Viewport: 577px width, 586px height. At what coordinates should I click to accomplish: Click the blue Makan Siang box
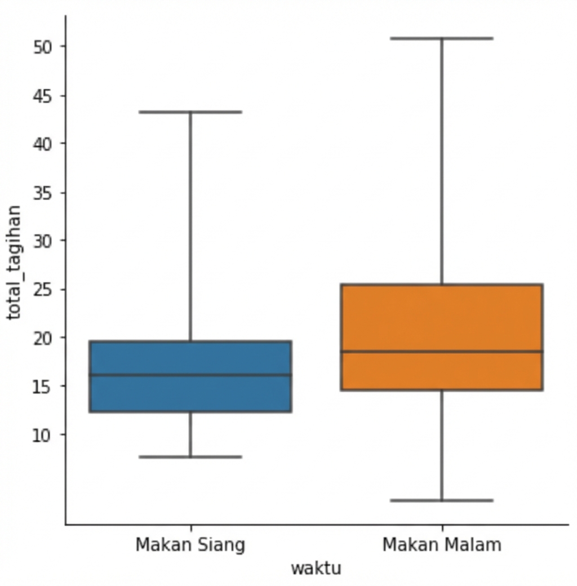[x=190, y=394]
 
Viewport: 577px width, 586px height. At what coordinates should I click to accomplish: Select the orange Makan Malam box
[x=442, y=321]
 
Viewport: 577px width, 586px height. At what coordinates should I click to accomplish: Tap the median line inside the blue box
[x=190, y=375]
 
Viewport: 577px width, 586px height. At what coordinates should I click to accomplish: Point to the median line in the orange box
[x=442, y=352]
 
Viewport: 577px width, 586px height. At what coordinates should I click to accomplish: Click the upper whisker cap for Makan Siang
[x=190, y=112]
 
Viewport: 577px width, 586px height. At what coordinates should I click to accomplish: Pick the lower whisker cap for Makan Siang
[x=190, y=456]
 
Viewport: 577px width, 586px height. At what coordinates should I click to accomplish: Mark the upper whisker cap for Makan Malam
[x=442, y=38]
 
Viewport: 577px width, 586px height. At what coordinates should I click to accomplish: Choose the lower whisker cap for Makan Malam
[x=442, y=500]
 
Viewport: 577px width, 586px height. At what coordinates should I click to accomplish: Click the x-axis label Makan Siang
[x=190, y=545]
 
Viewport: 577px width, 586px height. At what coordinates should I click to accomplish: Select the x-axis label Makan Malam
[x=442, y=545]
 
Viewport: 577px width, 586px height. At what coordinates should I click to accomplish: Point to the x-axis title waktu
[x=316, y=568]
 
